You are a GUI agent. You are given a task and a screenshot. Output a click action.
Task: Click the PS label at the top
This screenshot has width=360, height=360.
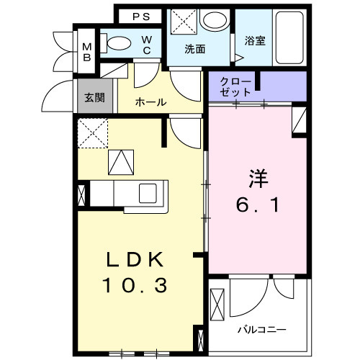pyautogui.click(x=140, y=16)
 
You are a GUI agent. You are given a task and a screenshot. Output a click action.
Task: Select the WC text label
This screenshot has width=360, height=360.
pyautogui.click(x=146, y=45)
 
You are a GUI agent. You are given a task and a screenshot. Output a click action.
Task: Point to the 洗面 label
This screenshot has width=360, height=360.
pyautogui.click(x=194, y=50)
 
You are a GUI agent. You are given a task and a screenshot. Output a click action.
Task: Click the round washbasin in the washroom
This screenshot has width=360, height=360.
pyautogui.click(x=214, y=21)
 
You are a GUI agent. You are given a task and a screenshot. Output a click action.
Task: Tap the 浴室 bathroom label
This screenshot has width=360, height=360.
pyautogui.click(x=255, y=41)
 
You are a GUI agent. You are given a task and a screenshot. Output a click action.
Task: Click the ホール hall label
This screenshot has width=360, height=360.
pyautogui.click(x=151, y=102)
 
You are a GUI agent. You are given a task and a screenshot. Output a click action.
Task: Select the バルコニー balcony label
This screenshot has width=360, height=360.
pyautogui.click(x=262, y=329)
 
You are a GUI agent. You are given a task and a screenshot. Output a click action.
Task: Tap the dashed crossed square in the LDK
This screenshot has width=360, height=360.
pyautogui.click(x=93, y=133)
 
